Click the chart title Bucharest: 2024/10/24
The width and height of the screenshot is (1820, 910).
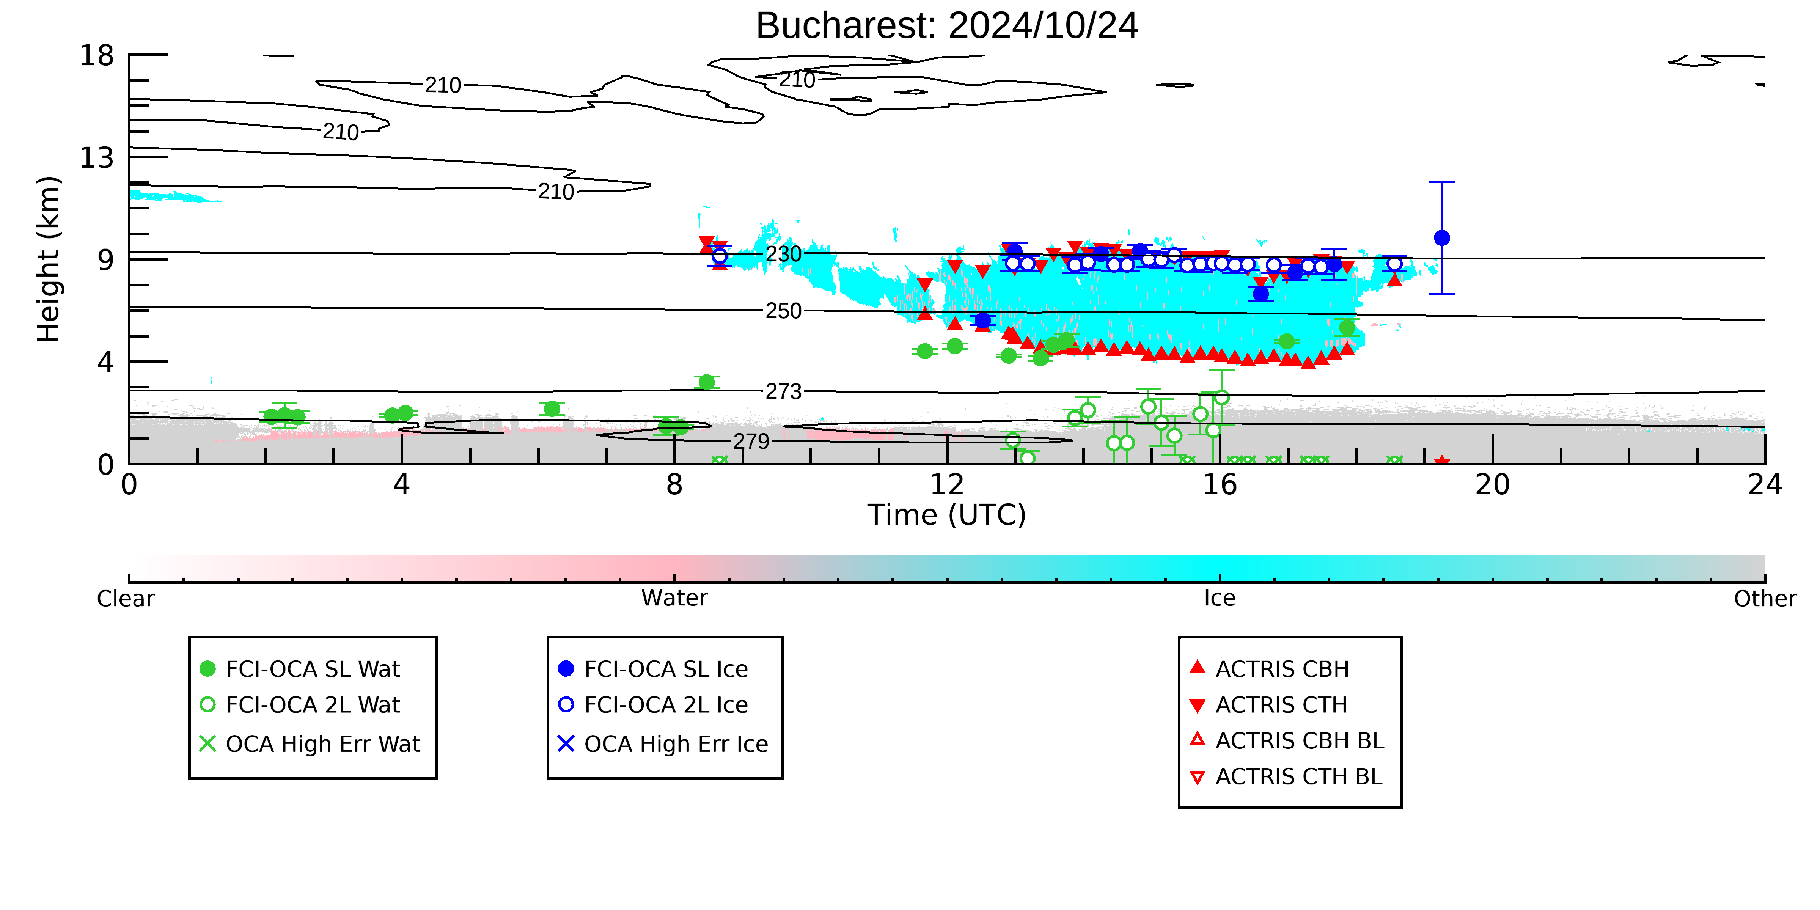[x=947, y=26]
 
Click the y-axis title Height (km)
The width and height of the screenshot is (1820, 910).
[x=49, y=259]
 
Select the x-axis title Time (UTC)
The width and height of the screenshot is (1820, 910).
[x=947, y=515]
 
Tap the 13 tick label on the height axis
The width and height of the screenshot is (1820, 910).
[x=97, y=157]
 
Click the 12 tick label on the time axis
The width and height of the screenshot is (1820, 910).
[x=947, y=485]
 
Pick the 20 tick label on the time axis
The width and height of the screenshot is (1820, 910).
[x=1492, y=485]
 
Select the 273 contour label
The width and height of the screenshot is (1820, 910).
[x=784, y=391]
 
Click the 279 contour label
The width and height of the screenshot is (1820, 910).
[x=751, y=442]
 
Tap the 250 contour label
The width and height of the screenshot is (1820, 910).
[x=784, y=311]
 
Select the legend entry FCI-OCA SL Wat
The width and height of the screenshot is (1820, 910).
[x=300, y=668]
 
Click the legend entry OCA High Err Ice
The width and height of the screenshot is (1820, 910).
[x=663, y=744]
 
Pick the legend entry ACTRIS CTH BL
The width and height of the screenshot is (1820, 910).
[x=1286, y=776]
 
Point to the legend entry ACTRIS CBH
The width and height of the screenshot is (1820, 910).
[x=1270, y=668]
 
